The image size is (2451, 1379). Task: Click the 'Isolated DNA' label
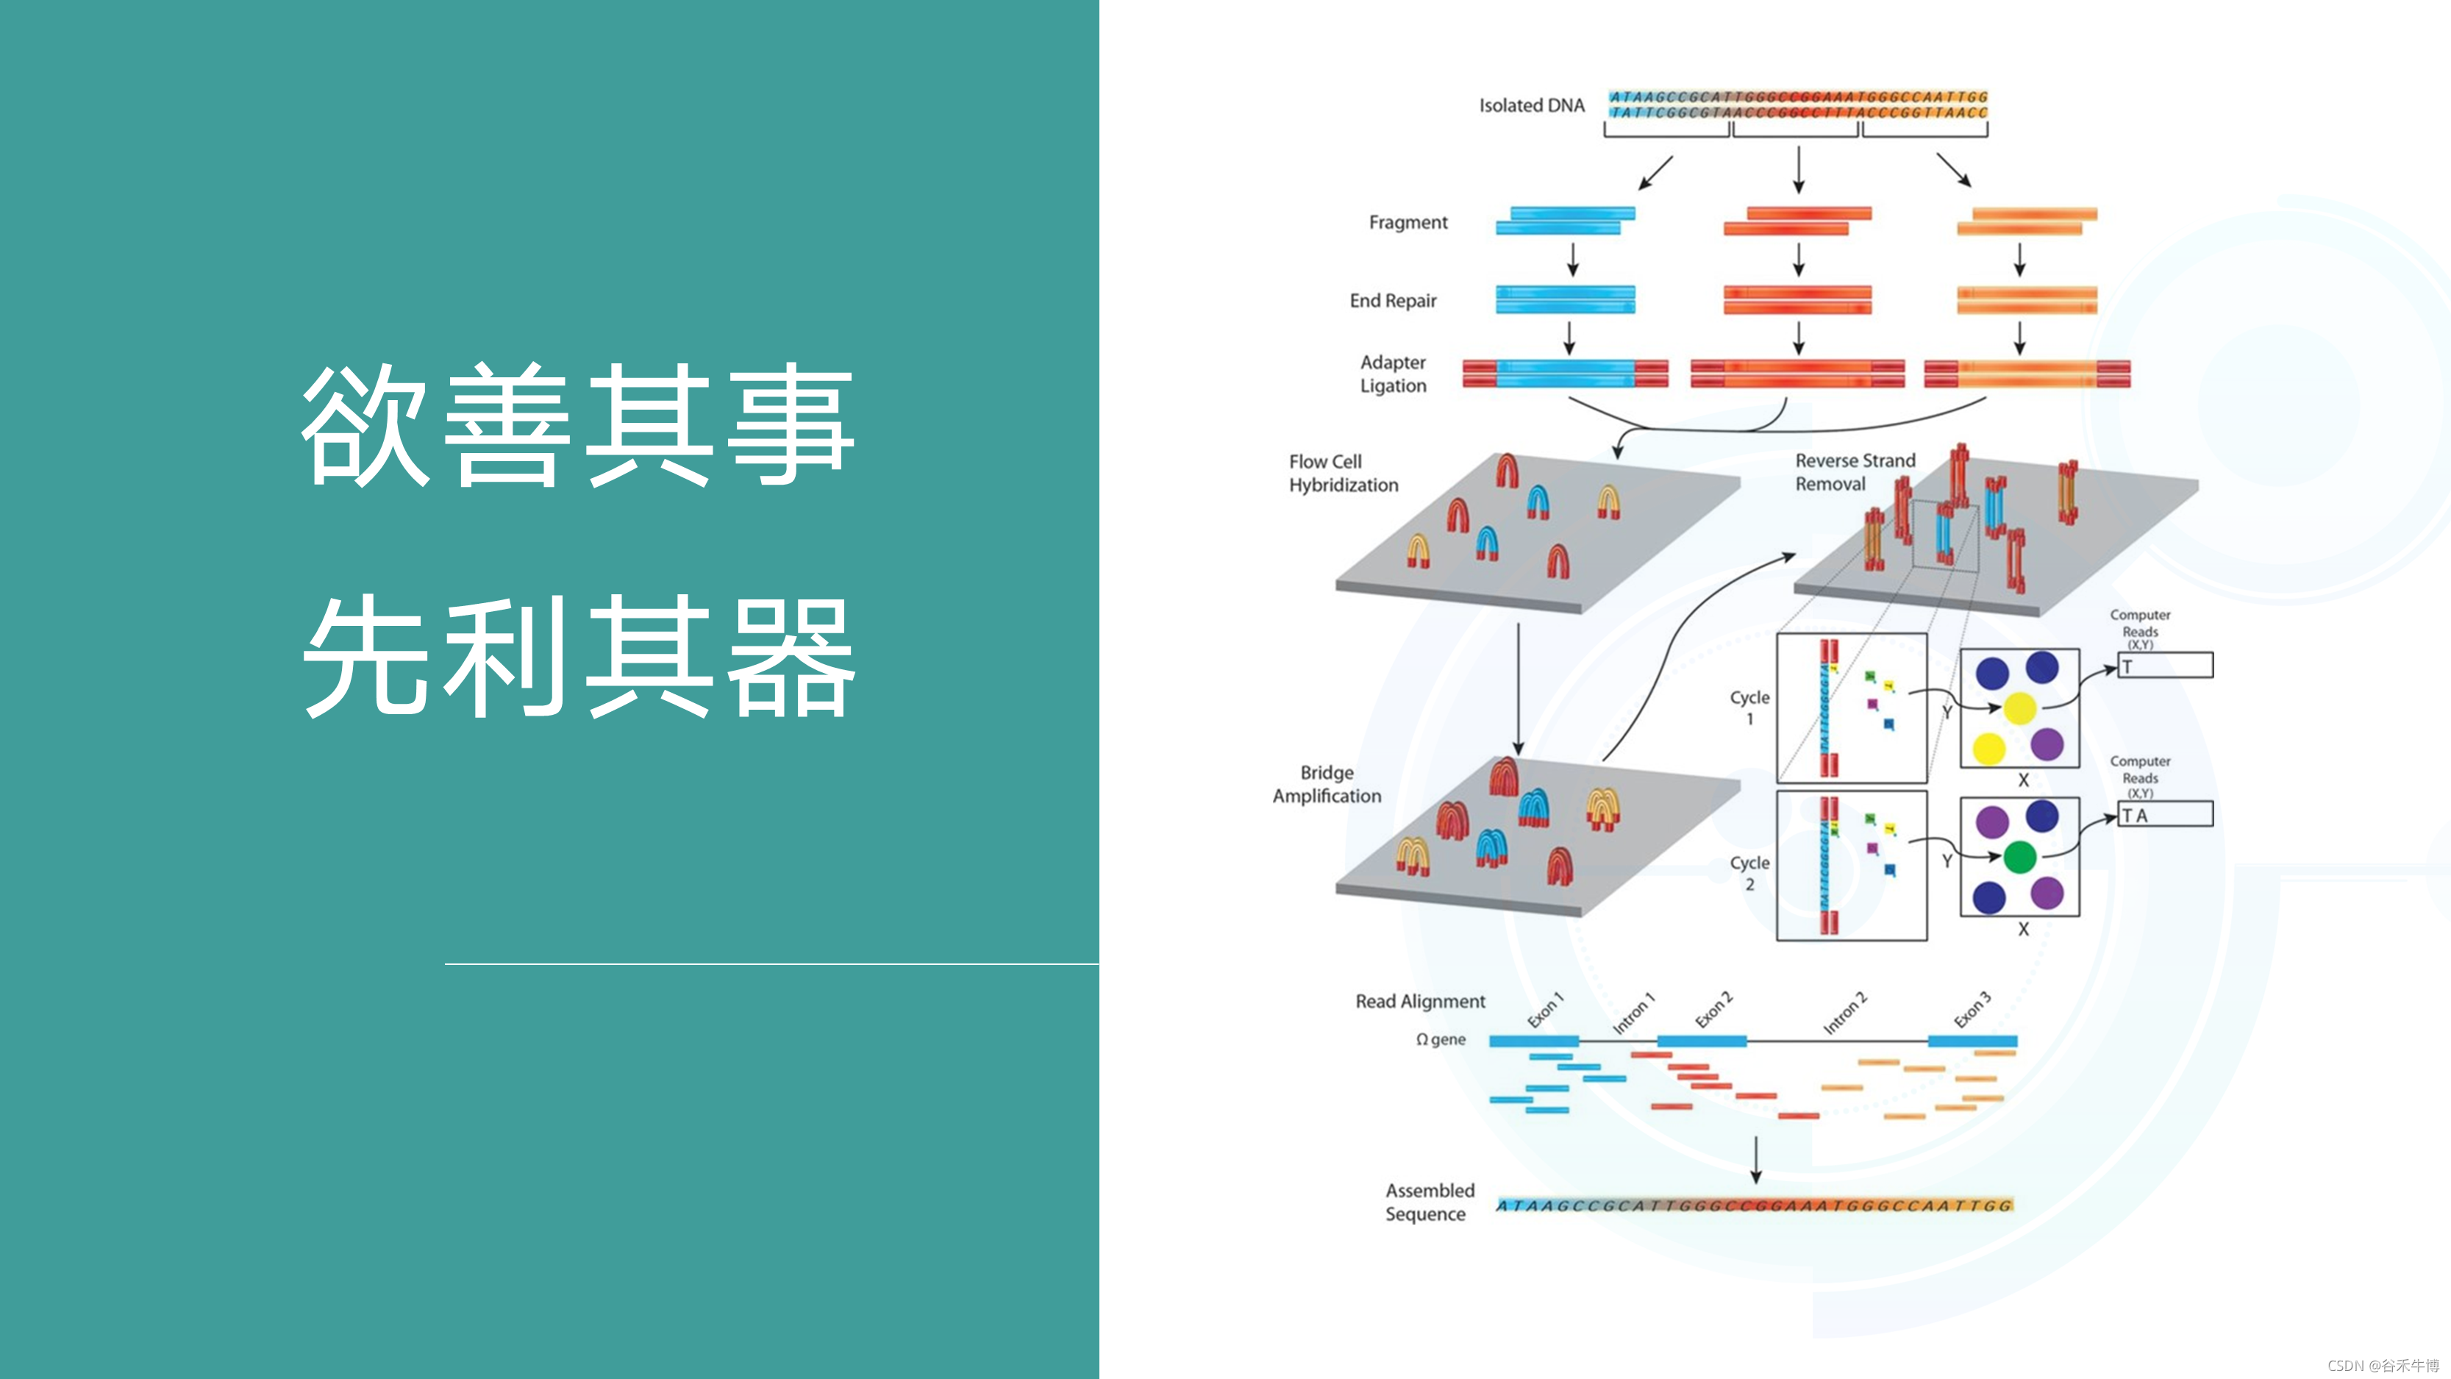point(1531,106)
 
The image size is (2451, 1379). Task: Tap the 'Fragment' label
point(1408,223)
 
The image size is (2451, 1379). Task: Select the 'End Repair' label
point(1392,301)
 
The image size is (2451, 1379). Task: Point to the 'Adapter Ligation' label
point(1392,374)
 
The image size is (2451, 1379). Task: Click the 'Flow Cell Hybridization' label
point(1343,473)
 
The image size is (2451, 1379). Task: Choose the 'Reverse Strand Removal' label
point(1855,472)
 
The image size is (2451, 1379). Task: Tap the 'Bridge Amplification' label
point(1327,784)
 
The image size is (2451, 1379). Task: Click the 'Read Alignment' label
point(1419,1001)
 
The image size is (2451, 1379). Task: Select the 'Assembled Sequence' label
point(1429,1202)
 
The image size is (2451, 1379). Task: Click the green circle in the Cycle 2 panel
point(2019,858)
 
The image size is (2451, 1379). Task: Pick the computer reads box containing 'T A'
point(2165,815)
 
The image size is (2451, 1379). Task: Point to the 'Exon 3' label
point(1972,1010)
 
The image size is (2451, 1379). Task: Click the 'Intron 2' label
point(1844,1013)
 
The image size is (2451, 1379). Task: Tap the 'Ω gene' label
point(1441,1039)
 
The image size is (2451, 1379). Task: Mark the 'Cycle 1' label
point(1749,707)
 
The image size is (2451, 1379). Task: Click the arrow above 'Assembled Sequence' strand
point(1755,1158)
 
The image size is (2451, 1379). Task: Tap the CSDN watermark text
point(2383,1366)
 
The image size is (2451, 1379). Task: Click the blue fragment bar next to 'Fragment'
point(1565,221)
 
